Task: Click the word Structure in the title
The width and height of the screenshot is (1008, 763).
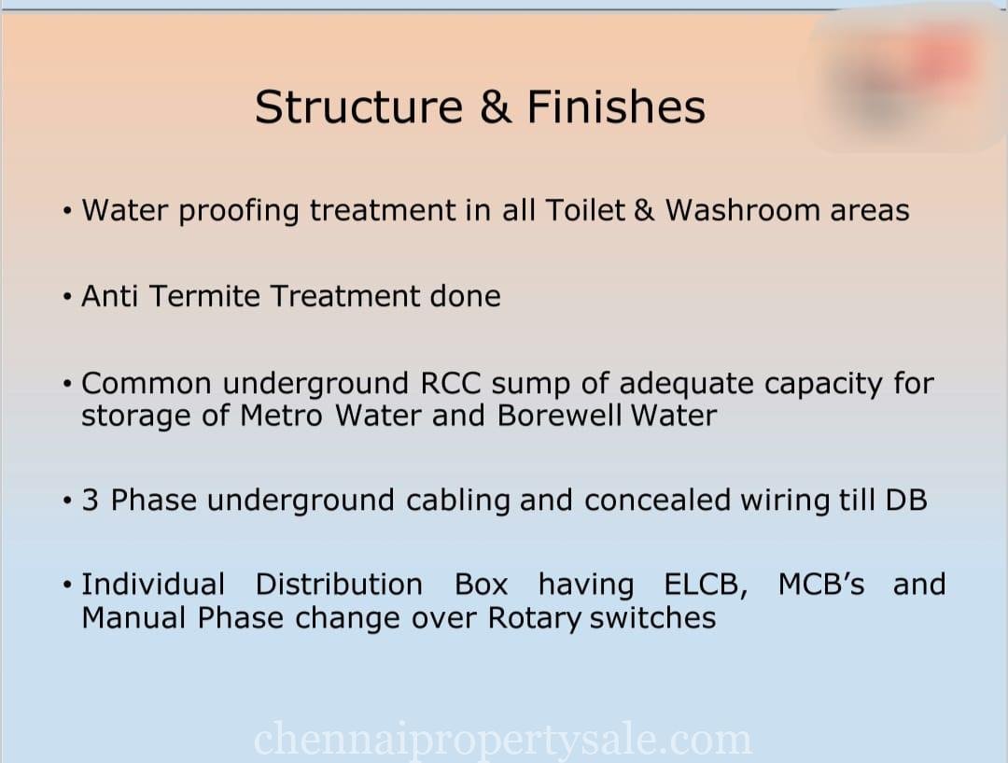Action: (x=358, y=106)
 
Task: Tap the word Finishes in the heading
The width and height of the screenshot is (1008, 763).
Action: (x=616, y=106)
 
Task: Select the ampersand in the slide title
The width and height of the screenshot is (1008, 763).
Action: (x=496, y=106)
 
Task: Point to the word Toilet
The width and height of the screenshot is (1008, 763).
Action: (x=585, y=210)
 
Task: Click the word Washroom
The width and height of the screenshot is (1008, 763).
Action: (x=742, y=210)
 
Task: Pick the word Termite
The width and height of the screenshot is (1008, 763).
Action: (x=204, y=296)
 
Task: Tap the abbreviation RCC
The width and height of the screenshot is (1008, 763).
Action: (x=451, y=384)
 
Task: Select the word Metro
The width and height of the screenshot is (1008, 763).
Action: (x=281, y=415)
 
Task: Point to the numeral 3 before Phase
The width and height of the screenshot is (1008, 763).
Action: (x=90, y=501)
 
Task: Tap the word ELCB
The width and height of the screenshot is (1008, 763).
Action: (x=706, y=585)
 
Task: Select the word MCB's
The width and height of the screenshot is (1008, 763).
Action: (x=821, y=584)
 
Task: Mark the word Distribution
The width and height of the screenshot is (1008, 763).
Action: (x=339, y=584)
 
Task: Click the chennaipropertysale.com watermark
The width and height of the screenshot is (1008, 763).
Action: (x=503, y=740)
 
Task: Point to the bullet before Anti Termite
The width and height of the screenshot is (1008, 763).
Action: (x=67, y=297)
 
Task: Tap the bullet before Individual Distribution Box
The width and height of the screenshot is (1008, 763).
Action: (x=67, y=586)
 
